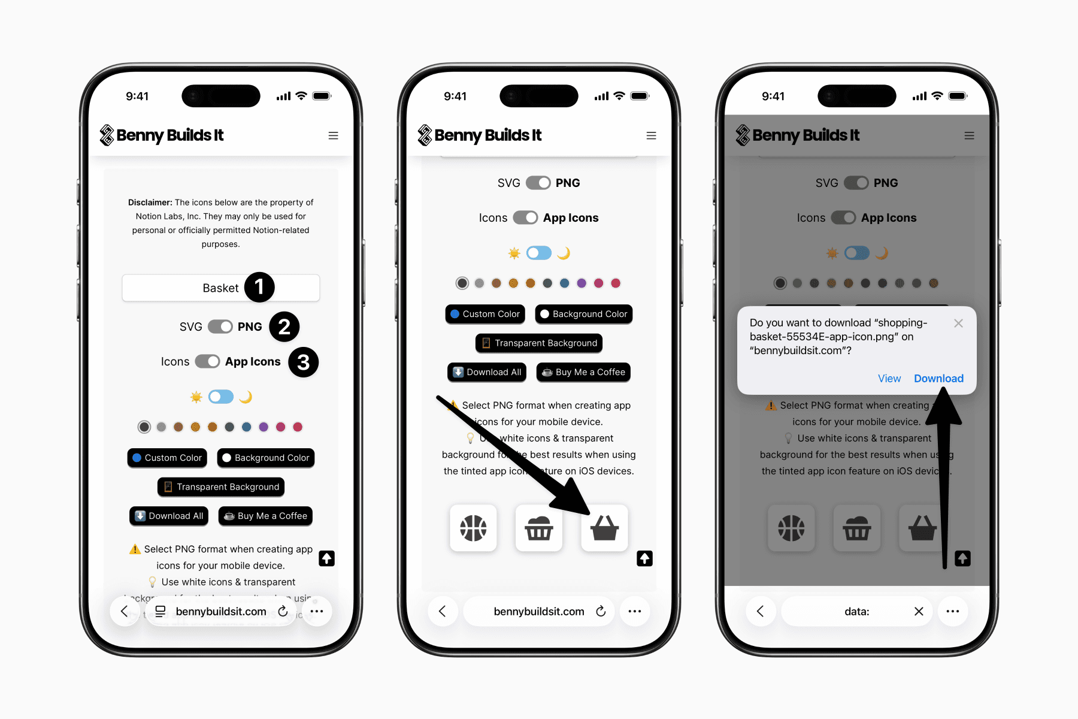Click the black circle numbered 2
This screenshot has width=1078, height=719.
284,327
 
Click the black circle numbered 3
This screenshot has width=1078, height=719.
303,362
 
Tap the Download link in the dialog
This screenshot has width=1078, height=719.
938,378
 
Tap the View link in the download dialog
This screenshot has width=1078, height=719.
889,378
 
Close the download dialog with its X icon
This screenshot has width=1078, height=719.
958,324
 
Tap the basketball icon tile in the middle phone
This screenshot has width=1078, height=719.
473,528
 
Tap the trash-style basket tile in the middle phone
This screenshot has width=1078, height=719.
539,528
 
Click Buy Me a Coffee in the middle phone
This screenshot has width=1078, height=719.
583,372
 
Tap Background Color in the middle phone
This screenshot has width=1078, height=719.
583,314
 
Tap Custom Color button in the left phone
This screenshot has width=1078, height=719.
167,458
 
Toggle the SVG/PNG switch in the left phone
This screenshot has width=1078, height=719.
220,327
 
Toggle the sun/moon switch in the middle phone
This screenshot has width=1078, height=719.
538,253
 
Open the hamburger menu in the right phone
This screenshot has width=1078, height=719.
969,136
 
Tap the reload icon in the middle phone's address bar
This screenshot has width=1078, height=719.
601,611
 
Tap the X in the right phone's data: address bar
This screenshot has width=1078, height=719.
919,611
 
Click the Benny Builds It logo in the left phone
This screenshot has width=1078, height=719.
162,135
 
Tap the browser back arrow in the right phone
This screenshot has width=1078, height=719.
761,611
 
